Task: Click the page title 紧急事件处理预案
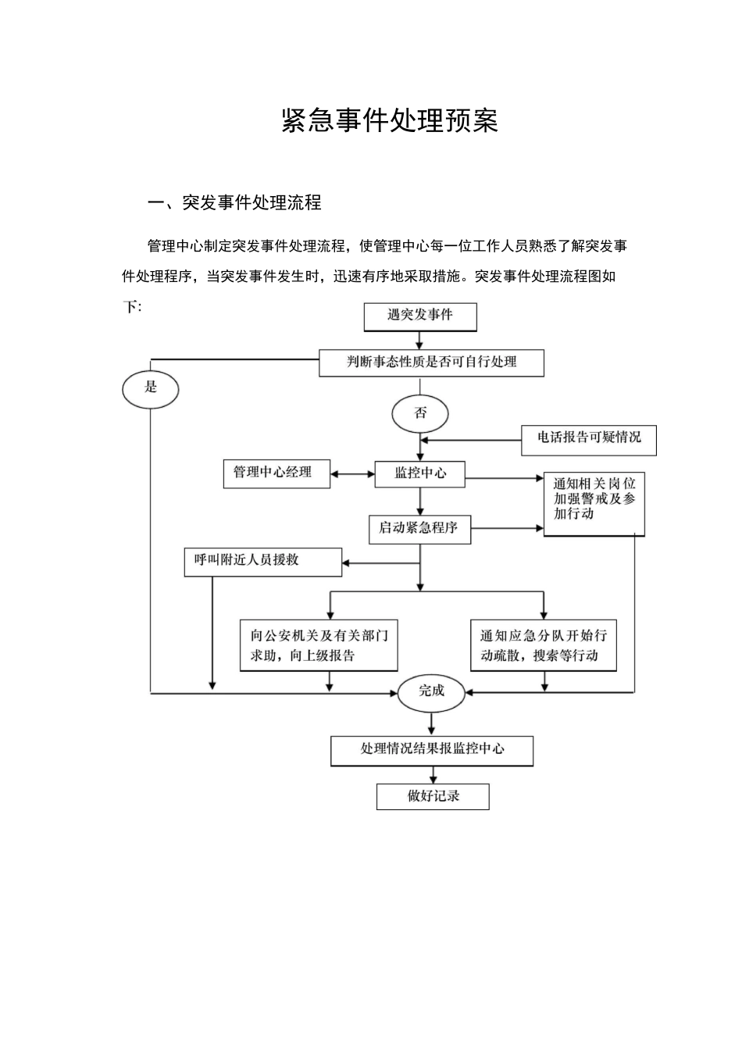pyautogui.click(x=389, y=121)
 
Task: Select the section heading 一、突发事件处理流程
pyautogui.click(x=234, y=203)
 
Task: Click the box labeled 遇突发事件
pyautogui.click(x=420, y=316)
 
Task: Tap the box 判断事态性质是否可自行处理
pyautogui.click(x=431, y=362)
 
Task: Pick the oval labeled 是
pyautogui.click(x=151, y=387)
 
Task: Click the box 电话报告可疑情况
pyautogui.click(x=588, y=439)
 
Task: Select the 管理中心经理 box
pyautogui.click(x=276, y=473)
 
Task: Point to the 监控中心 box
pyautogui.click(x=420, y=473)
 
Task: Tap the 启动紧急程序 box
pyautogui.click(x=419, y=529)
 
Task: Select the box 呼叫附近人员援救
pyautogui.click(x=262, y=562)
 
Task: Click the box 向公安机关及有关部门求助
pyautogui.click(x=319, y=645)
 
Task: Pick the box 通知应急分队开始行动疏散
pyautogui.click(x=544, y=645)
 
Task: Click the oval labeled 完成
pyautogui.click(x=431, y=691)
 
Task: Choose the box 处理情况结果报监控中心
pyautogui.click(x=432, y=750)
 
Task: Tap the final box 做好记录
pyautogui.click(x=433, y=797)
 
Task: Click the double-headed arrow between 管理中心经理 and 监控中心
pyautogui.click(x=352, y=473)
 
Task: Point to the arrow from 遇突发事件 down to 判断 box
pyautogui.click(x=420, y=340)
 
